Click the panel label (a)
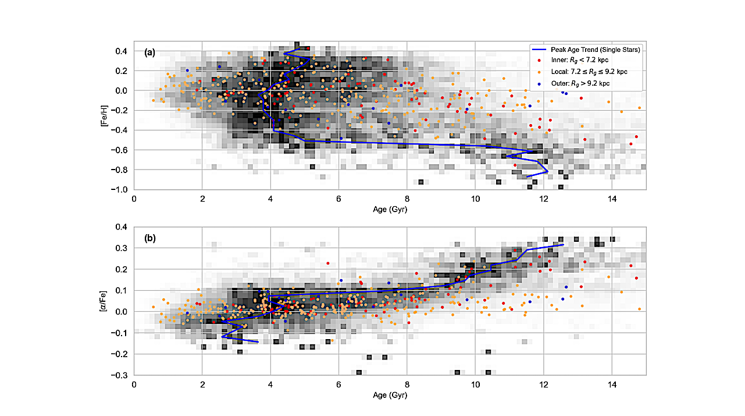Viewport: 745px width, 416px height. click(x=149, y=52)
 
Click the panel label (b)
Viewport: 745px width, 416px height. click(x=149, y=238)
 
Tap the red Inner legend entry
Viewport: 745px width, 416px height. click(x=582, y=60)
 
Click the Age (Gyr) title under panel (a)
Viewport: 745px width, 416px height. click(x=390, y=208)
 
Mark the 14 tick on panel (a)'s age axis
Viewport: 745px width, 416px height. click(x=611, y=198)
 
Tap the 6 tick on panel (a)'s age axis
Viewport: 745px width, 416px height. click(x=339, y=198)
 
